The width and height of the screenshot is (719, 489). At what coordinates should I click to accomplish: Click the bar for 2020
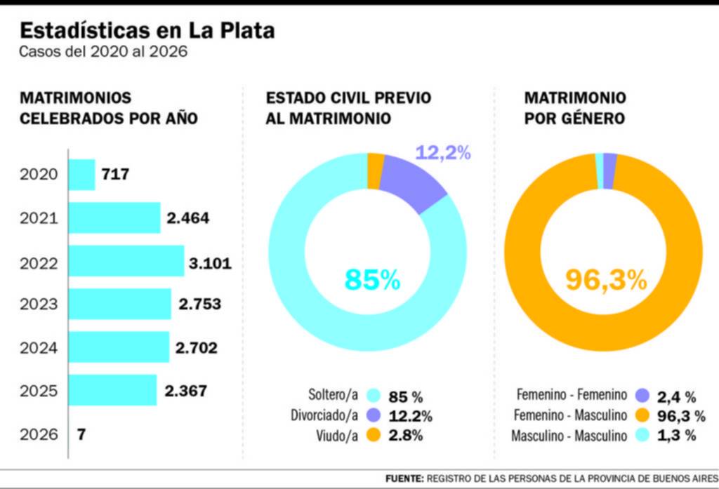click(81, 175)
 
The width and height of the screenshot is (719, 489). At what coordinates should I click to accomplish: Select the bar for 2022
click(126, 261)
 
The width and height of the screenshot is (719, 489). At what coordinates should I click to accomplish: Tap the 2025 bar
click(112, 390)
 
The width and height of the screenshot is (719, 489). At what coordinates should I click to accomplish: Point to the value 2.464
click(187, 218)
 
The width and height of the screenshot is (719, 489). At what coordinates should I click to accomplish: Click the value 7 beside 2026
click(81, 434)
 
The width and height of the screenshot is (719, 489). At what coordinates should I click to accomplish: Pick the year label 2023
click(39, 304)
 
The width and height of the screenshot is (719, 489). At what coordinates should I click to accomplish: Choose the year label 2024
click(39, 347)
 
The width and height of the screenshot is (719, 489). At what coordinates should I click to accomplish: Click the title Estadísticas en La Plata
click(147, 31)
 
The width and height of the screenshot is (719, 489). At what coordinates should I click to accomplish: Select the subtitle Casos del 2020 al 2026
click(103, 53)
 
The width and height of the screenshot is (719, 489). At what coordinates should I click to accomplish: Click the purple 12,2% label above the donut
click(442, 152)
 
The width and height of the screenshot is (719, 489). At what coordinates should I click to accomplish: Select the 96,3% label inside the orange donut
click(605, 280)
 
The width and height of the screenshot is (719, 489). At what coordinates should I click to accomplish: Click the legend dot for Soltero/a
click(372, 395)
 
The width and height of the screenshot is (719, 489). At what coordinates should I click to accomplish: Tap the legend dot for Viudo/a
click(372, 436)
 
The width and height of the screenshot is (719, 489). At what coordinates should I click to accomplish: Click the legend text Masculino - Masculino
click(569, 436)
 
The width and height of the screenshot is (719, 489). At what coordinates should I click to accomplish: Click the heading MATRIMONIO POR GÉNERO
click(575, 108)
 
